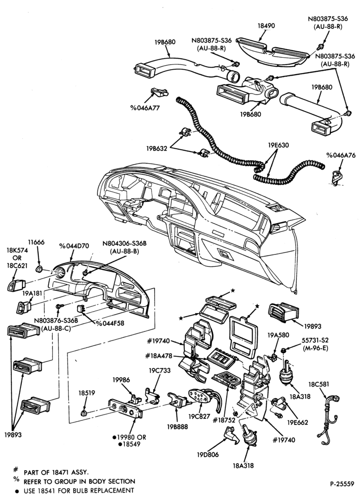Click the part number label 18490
click(x=266, y=26)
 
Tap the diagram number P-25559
click(x=342, y=484)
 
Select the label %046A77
click(x=145, y=108)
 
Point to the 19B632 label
click(x=157, y=148)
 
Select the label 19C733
click(x=160, y=370)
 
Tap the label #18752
click(x=224, y=420)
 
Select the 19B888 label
click(x=178, y=426)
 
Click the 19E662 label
click(x=297, y=422)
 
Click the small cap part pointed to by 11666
click(x=39, y=269)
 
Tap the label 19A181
click(x=32, y=293)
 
